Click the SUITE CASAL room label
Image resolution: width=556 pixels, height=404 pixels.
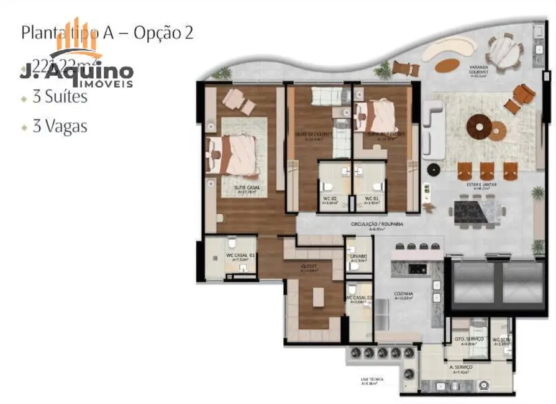[247, 188]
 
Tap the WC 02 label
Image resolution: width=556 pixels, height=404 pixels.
[329, 199]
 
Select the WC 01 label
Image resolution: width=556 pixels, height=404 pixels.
[371, 199]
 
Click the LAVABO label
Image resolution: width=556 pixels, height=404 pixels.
[358, 257]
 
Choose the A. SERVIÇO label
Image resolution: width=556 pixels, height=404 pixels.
[460, 368]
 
